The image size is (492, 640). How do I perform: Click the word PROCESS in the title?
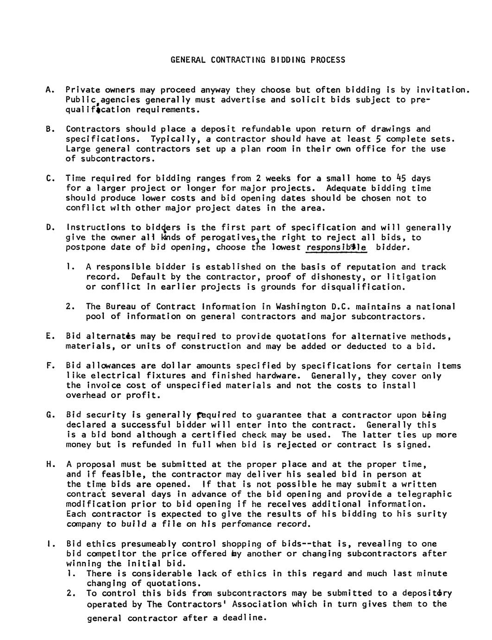point(328,60)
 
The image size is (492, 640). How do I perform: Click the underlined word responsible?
point(336,248)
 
